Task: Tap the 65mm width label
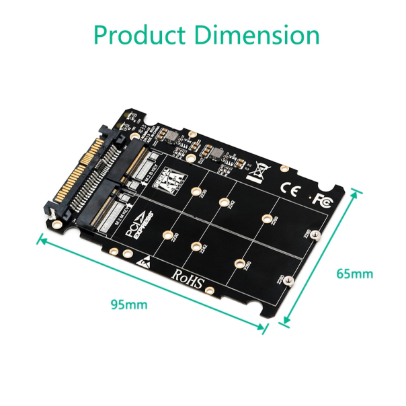(354, 274)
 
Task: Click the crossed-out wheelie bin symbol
(257, 172)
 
